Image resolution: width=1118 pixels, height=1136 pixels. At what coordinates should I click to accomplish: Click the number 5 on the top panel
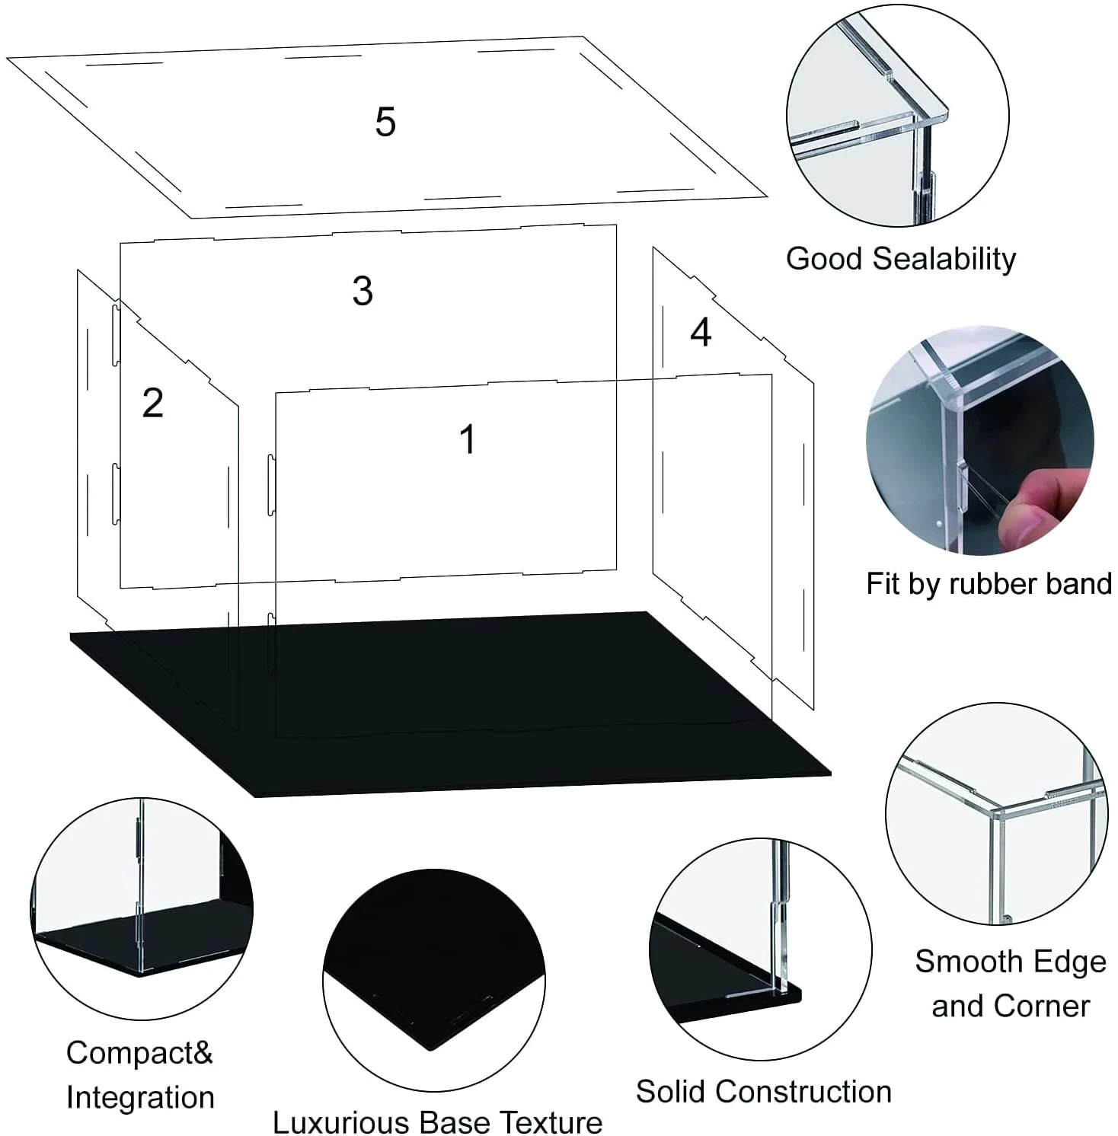tap(385, 122)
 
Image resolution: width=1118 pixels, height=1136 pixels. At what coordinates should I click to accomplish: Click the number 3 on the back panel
tap(363, 291)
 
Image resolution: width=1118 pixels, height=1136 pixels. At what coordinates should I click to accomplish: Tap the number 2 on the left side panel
tap(153, 403)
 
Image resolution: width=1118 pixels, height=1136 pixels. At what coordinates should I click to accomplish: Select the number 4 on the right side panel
tap(701, 333)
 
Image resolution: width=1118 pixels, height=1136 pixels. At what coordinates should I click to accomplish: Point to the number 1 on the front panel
tap(468, 439)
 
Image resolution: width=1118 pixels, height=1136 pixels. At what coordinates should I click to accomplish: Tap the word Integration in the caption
tap(140, 1098)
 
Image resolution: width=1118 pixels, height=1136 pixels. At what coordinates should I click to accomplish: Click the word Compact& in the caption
tap(139, 1053)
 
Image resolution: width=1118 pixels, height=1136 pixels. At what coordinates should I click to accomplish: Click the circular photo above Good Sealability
tap(898, 116)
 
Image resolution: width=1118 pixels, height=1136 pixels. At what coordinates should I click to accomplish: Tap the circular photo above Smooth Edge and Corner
tap(997, 813)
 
